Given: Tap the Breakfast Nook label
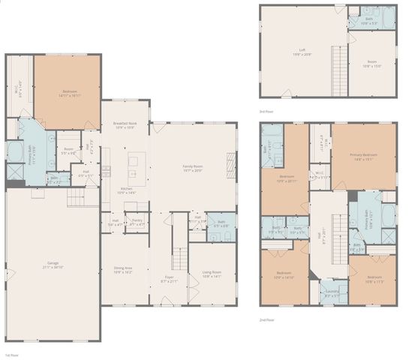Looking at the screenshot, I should click(x=125, y=125).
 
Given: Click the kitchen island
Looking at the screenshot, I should click(x=137, y=160).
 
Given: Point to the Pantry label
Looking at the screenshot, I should click(x=137, y=223).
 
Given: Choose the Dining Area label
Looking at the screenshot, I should click(x=122, y=269).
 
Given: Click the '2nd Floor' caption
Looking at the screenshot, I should click(x=268, y=319).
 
